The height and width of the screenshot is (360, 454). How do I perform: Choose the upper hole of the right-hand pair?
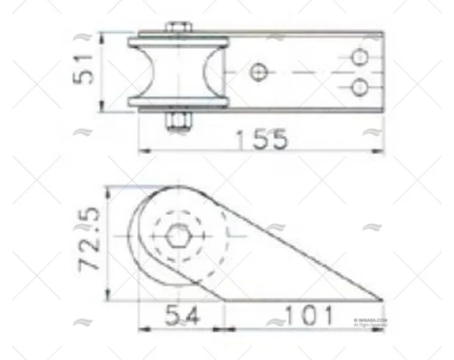[360, 57]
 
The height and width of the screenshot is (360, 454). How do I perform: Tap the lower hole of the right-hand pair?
[360, 88]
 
